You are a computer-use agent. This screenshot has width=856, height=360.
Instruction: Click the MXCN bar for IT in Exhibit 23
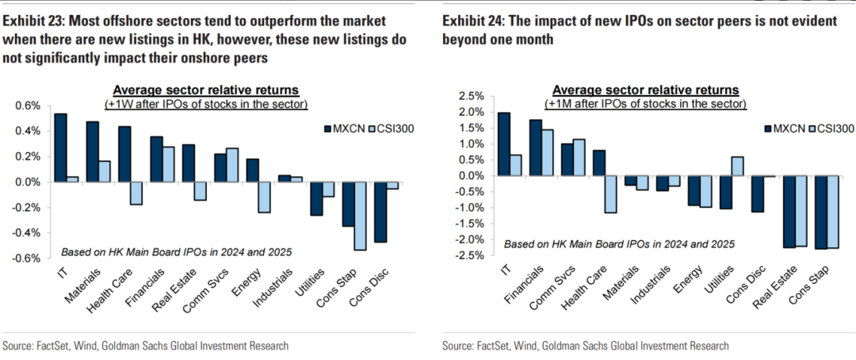pos(60,147)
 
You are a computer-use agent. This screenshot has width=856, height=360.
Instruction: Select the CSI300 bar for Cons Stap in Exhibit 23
pos(359,216)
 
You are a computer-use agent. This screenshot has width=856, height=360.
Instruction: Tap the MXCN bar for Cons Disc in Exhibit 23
pos(381,212)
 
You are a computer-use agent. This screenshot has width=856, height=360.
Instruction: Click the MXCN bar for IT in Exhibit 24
pos(504,144)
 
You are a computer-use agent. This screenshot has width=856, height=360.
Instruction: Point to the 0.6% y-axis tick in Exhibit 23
pos(26,105)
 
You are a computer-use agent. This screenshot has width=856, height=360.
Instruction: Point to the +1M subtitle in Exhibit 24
pos(644,103)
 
